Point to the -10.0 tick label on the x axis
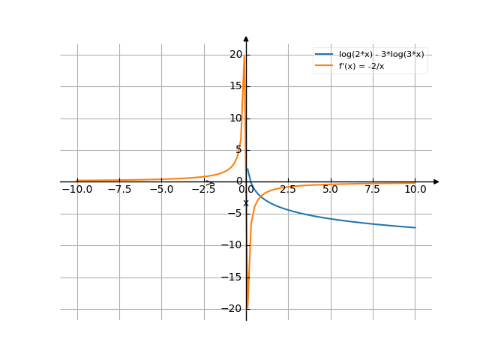click(x=76, y=190)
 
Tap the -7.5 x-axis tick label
click(x=119, y=190)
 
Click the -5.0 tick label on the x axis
click(x=161, y=190)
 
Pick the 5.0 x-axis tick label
click(x=330, y=190)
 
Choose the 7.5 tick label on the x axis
click(x=373, y=190)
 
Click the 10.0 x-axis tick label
click(x=415, y=190)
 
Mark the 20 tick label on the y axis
click(x=237, y=54)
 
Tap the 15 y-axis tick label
click(x=237, y=86)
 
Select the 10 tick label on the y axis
click(x=237, y=118)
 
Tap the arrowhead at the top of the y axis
click(x=246, y=37)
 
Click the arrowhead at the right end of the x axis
click(x=436, y=181)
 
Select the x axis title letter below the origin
click(x=245, y=203)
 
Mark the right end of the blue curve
click(x=415, y=227)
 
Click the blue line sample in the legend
click(x=324, y=54)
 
